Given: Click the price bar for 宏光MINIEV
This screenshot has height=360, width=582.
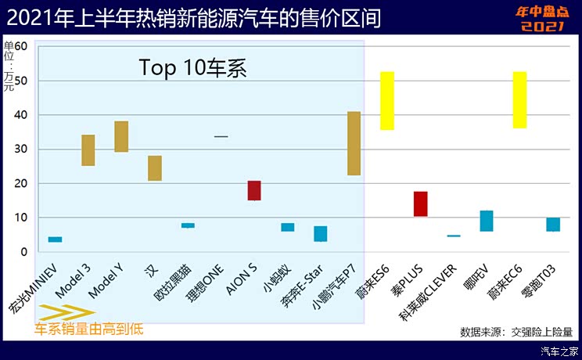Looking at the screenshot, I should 55,239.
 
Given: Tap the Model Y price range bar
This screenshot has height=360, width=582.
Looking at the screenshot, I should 121,136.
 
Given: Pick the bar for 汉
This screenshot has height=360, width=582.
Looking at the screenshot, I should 155,168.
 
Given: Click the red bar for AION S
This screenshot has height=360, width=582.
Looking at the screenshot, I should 254,190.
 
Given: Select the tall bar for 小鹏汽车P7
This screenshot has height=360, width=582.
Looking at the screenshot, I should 354,143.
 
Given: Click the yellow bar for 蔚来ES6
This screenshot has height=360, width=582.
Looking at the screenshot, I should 386,100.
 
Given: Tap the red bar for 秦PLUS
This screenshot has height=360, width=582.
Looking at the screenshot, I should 420,203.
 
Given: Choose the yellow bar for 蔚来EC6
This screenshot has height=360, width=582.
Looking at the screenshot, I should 519,99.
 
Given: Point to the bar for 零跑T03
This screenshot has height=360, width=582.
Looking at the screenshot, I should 553,225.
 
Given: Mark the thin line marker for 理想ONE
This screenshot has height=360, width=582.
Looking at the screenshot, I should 221,136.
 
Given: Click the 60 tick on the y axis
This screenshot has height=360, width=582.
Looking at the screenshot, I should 21,46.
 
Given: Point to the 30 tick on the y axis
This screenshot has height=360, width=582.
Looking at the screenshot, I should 21,149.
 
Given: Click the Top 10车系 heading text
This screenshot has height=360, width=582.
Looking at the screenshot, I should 193,67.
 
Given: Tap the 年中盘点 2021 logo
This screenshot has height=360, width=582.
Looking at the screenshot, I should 540,20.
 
